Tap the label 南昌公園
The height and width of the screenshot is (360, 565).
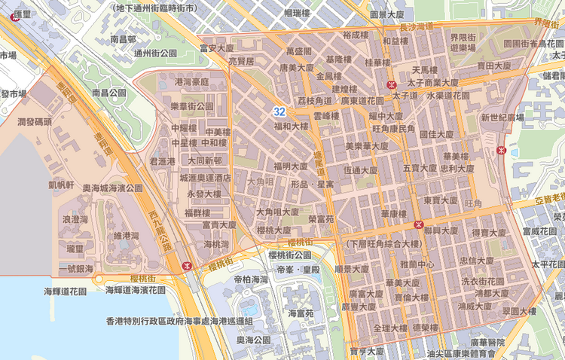click(108, 93)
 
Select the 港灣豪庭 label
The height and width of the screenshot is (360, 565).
click(191, 81)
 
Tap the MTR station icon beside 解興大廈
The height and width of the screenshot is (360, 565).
click(418, 224)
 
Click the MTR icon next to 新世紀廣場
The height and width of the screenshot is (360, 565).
click(501, 150)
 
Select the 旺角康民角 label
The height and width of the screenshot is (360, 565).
click(393, 130)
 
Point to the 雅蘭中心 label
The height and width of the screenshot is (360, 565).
click(417, 264)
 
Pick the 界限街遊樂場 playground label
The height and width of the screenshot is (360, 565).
click(463, 42)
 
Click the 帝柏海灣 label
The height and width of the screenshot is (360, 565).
click(251, 279)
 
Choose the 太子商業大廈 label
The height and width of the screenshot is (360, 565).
click(432, 82)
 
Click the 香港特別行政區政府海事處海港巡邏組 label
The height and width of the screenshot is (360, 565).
click(179, 321)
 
